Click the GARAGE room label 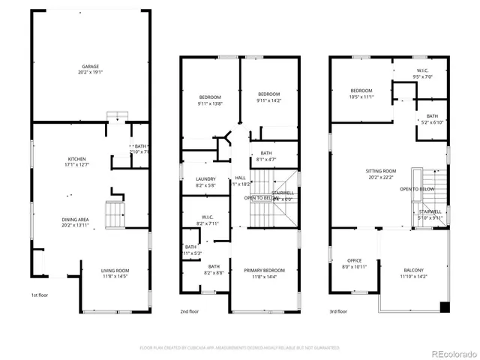pyautogui.click(x=90, y=67)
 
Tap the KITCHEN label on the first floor pyautogui.click(x=76, y=159)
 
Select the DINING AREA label pyautogui.click(x=75, y=220)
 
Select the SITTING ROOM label pyautogui.click(x=380, y=172)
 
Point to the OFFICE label pyautogui.click(x=353, y=261)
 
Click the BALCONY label pyautogui.click(x=413, y=271)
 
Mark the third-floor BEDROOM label pyautogui.click(x=361, y=90)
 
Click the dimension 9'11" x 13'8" pyautogui.click(x=210, y=103)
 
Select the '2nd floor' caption pyautogui.click(x=189, y=311)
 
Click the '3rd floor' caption pyautogui.click(x=337, y=311)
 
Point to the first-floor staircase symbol pyautogui.click(x=114, y=214)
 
